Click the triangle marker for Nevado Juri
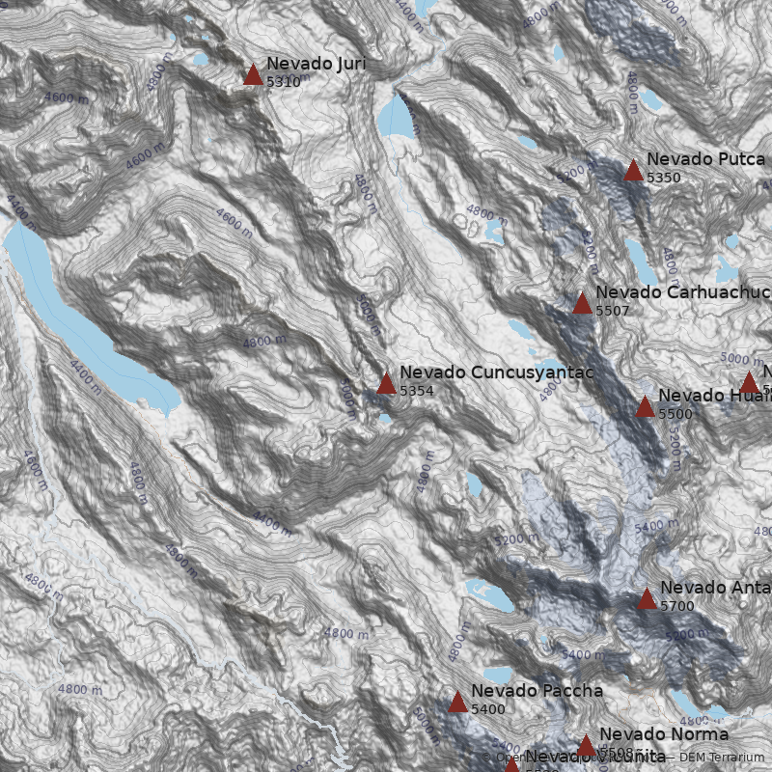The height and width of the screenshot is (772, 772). click(x=253, y=75)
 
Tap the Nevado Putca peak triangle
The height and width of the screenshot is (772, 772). click(x=633, y=171)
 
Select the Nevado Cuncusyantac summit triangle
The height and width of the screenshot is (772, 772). click(x=386, y=384)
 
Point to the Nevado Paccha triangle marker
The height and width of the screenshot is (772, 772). click(x=457, y=703)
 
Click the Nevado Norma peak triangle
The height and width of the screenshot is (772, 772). click(x=586, y=745)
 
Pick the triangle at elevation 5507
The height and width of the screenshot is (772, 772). click(x=582, y=304)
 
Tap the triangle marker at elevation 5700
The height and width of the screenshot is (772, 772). click(x=647, y=599)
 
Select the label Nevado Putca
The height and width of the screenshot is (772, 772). click(x=705, y=159)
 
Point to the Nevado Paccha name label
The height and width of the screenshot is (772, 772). click(x=537, y=691)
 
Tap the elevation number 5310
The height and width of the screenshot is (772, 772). click(x=284, y=83)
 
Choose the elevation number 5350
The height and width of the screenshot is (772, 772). click(x=664, y=179)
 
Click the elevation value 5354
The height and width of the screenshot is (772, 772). click(x=417, y=391)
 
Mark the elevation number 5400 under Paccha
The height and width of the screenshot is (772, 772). click(x=488, y=709)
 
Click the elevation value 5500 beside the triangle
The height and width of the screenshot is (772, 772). click(x=675, y=414)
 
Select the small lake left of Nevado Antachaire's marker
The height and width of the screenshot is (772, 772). click(x=491, y=593)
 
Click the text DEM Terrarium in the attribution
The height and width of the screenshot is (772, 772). click(x=721, y=758)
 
